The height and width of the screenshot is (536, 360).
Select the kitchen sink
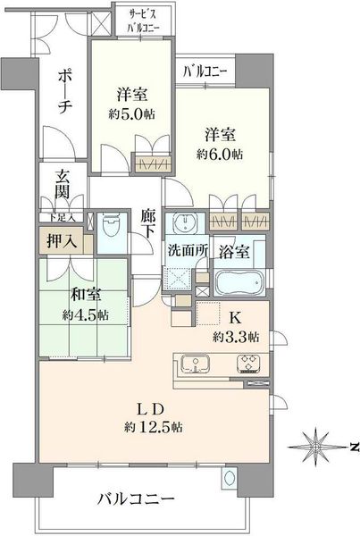[195, 364]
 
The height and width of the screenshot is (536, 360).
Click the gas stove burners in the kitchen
[248, 364]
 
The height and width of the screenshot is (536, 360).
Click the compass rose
[316, 447]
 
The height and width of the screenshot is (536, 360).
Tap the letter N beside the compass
[355, 446]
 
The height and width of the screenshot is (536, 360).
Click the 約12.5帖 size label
[153, 427]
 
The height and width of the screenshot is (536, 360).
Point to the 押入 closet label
[62, 241]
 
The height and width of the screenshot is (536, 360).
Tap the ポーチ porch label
[64, 93]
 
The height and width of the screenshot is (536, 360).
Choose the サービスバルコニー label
[143, 21]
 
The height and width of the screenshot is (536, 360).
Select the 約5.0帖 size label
[132, 115]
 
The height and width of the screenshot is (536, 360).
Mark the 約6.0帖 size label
[220, 155]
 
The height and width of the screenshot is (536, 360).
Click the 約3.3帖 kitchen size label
[236, 338]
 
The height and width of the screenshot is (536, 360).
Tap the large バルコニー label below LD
[136, 499]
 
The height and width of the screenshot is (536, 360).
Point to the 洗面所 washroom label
[188, 251]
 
